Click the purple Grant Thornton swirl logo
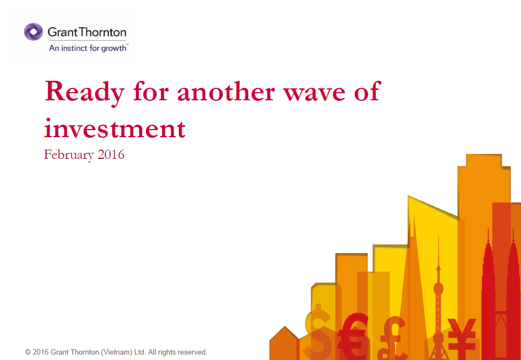click(x=33, y=32)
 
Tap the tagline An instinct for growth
click(x=88, y=48)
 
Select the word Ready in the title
click(x=85, y=92)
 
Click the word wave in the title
click(x=314, y=93)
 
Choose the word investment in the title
click(x=114, y=128)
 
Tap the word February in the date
click(x=69, y=155)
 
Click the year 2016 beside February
click(x=111, y=155)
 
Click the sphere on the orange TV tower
click(x=438, y=288)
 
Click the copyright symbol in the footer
click(x=28, y=352)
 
